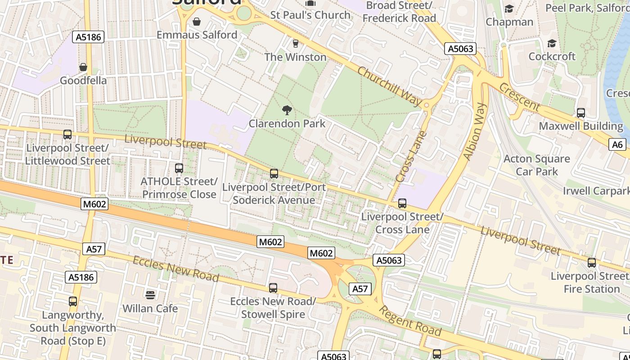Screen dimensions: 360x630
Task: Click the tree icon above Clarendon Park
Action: [x=287, y=110]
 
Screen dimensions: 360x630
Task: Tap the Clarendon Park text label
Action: [x=287, y=123]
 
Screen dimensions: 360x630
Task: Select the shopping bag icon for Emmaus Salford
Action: [x=197, y=22]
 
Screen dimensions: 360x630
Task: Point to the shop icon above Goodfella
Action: [x=83, y=67]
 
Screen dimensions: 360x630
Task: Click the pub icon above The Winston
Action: [x=296, y=44]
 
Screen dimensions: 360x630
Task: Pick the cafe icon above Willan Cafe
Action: [x=150, y=295]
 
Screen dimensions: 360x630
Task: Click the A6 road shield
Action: [x=618, y=144]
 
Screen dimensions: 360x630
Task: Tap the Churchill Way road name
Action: [x=390, y=87]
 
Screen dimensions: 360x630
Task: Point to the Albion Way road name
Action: [x=475, y=131]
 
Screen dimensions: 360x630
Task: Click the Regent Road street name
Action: [x=409, y=320]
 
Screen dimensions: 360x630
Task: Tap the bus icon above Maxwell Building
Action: [x=581, y=113]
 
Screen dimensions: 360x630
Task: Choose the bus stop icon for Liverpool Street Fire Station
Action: [x=592, y=263]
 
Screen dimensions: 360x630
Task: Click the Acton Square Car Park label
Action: [x=536, y=165]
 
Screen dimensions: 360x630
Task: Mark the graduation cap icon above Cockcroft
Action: [x=552, y=43]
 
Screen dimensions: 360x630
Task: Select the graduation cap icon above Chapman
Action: [x=509, y=9]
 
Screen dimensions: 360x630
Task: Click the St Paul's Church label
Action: [x=310, y=15]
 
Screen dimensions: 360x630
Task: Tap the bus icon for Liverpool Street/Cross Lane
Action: [x=402, y=203]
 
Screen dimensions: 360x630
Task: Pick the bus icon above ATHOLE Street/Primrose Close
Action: [x=179, y=168]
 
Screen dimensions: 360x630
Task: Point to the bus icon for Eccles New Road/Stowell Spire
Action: [x=273, y=288]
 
